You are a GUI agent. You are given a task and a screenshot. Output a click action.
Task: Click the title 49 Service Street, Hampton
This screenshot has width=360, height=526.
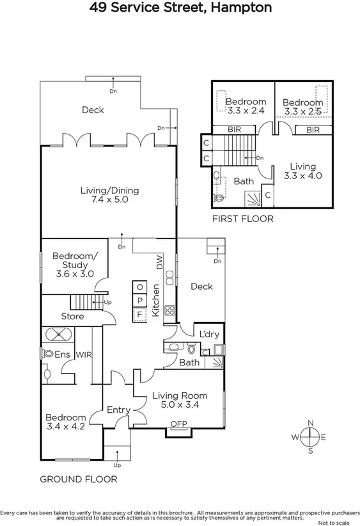pos(180,8)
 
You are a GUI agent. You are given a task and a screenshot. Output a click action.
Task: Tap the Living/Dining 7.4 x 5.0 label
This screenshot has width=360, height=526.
pos(109,195)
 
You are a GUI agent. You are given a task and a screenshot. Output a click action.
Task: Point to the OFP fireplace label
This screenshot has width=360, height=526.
pos(178,424)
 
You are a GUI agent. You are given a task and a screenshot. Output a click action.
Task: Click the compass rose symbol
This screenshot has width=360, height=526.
pos(310,437)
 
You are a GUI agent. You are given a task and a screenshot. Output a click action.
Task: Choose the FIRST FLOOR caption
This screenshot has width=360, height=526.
pos(242,219)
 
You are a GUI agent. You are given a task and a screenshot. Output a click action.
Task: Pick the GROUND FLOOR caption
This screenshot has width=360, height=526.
pos(79,479)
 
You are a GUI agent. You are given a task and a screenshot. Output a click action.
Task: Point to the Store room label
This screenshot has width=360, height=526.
pos(72,317)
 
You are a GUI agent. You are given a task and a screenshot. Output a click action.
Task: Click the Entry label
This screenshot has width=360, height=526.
pos(118,410)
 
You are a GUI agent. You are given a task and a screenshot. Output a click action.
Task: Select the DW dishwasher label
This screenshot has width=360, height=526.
pos(159,262)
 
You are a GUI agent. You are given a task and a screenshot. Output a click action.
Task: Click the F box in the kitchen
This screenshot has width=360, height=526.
pos(139,314)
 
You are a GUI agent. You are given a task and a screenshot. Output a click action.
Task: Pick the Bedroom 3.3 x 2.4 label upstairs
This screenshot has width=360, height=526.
pos(246,106)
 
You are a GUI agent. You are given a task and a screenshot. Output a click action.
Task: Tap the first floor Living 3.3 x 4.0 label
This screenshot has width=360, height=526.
pos(302,171)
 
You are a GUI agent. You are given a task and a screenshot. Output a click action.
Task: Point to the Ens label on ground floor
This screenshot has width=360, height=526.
pos(61,353)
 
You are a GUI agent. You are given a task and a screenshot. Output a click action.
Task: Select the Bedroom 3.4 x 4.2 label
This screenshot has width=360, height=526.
pos(66,422)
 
